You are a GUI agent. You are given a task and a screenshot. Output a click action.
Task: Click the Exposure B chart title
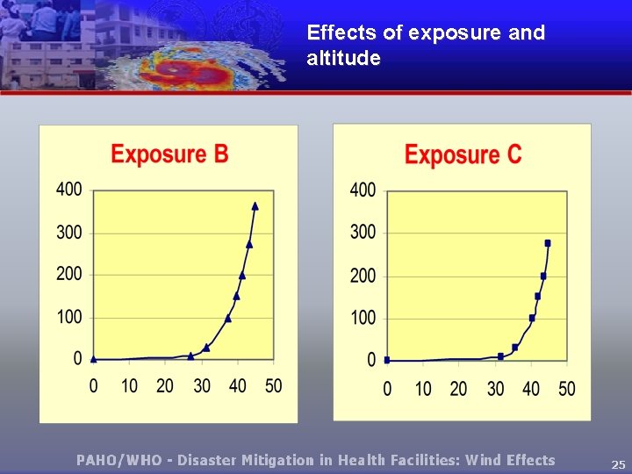pos(169,154)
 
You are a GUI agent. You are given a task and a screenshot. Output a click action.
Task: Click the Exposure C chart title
pos(463,155)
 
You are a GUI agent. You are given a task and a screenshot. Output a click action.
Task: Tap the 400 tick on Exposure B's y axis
pos(69,190)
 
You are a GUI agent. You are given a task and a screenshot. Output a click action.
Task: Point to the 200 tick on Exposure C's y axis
pos(363,276)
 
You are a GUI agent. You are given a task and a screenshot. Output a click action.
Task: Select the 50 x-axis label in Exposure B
pos(273,386)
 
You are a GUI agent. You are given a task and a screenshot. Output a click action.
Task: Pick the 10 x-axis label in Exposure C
pos(423,388)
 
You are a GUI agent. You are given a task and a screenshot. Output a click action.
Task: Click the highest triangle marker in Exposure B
pos(255,205)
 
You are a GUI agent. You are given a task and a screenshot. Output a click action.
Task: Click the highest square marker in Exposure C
pos(548,243)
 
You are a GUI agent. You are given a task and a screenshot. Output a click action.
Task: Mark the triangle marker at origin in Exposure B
pos(94,358)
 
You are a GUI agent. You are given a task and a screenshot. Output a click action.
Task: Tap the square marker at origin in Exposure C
pos(387,360)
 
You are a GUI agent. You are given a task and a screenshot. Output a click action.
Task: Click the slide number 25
pos(618,464)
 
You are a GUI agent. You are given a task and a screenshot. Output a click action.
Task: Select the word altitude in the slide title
pos(343,59)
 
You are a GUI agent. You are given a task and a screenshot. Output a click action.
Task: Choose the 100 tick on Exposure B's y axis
pos(69,316)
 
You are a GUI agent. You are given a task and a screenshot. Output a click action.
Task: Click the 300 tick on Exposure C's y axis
pos(363,233)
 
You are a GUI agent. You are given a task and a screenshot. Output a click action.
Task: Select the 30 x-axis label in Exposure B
pos(202,386)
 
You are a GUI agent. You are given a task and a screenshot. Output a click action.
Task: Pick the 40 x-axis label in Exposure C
pos(531,388)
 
